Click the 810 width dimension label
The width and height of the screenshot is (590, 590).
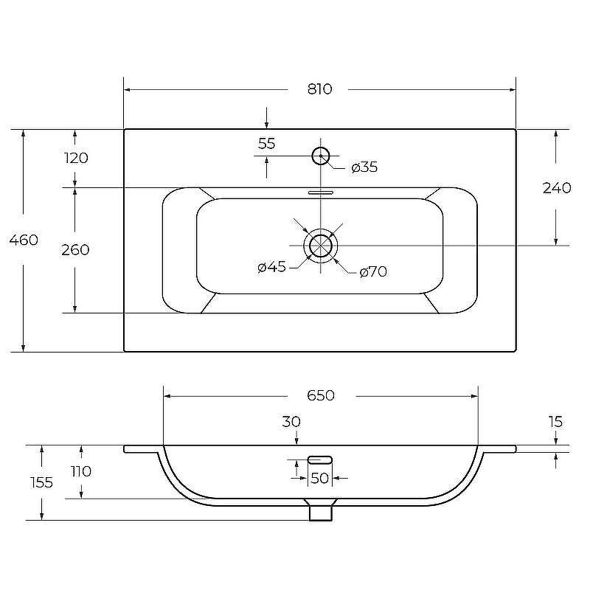click(320, 89)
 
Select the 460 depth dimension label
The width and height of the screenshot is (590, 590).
click(24, 240)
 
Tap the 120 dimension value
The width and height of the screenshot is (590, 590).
click(76, 158)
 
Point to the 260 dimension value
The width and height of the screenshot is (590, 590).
click(75, 250)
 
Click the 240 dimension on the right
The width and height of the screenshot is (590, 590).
click(557, 188)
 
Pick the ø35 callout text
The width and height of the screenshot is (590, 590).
click(364, 167)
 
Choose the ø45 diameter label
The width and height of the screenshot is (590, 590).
click(272, 267)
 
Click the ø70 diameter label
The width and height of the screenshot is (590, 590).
click(373, 271)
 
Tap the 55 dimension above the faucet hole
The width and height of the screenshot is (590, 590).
click(267, 143)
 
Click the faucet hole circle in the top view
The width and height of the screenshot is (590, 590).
click(321, 156)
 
